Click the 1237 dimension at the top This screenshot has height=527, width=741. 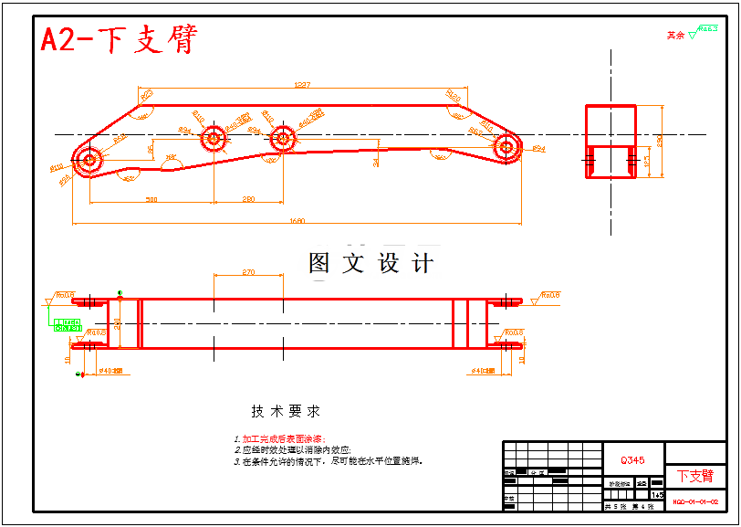click(x=302, y=85)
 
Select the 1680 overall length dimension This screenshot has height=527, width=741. click(x=296, y=220)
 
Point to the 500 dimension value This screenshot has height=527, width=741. click(x=151, y=199)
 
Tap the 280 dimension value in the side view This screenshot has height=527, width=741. click(x=248, y=199)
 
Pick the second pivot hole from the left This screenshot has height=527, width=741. click(x=214, y=140)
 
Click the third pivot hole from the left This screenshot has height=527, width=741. click(x=282, y=140)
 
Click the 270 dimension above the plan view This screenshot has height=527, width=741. click(x=248, y=273)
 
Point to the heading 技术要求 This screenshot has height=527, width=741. click(x=286, y=412)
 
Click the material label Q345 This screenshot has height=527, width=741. click(x=632, y=460)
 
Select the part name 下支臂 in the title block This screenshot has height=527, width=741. click(x=695, y=477)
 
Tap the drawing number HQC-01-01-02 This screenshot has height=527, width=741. click(x=695, y=501)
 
